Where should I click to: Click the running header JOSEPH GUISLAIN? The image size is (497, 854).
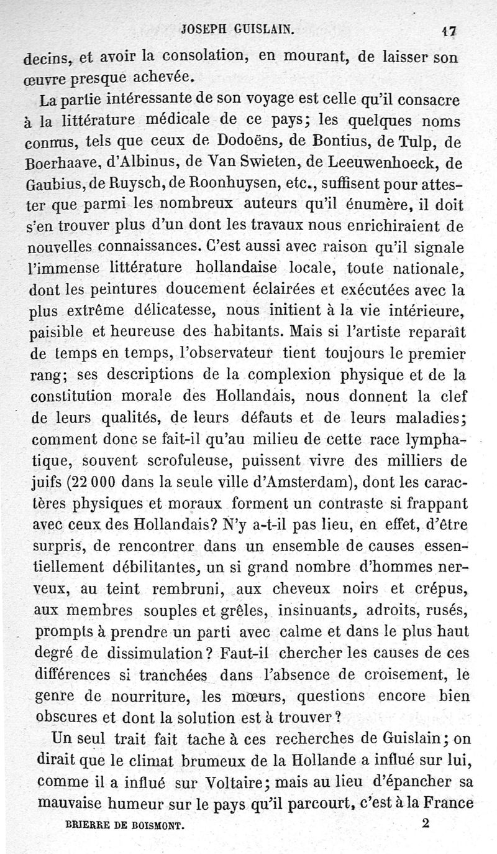237,27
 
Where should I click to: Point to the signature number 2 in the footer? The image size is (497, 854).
425,823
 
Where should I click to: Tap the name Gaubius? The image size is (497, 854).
53,185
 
